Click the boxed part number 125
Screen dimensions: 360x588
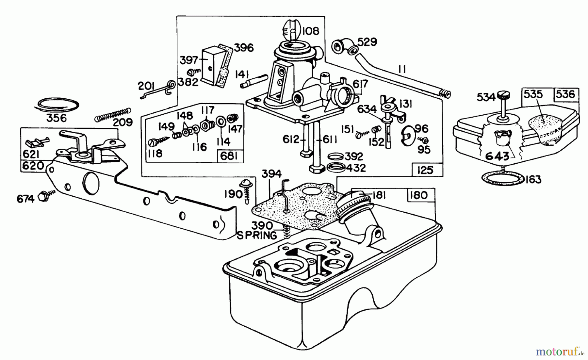pos(425,170)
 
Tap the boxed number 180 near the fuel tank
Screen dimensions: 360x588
pos(418,195)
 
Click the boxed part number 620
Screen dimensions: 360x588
pos(33,166)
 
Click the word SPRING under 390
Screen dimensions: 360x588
pos(257,235)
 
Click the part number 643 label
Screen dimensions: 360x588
pos(497,156)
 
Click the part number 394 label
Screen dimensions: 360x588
pos(271,174)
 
